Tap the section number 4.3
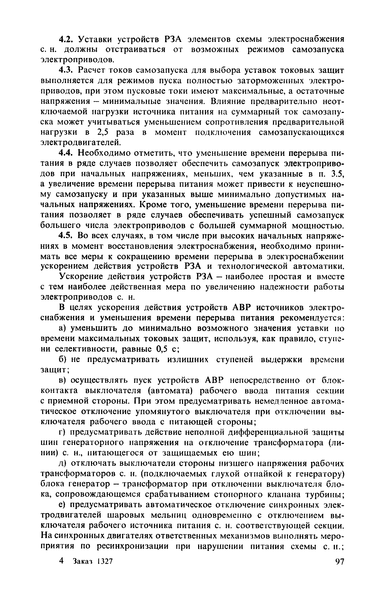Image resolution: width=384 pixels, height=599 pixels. coord(66,71)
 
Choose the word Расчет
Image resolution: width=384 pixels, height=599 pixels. coord(93,71)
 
